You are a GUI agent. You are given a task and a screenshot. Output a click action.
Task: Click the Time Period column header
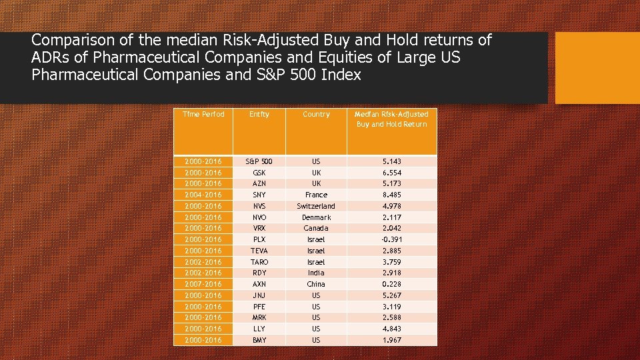[x=203, y=115]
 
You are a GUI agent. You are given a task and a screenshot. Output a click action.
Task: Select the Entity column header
[x=259, y=115]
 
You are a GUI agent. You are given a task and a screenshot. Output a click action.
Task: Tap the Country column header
[x=316, y=115]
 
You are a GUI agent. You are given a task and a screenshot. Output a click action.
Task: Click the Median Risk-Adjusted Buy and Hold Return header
[x=391, y=119]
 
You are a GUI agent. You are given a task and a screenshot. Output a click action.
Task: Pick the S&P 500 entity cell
[x=259, y=161]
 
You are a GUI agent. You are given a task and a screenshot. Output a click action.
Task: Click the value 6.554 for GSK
[x=391, y=173]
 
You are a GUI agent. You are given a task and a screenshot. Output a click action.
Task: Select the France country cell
[x=316, y=195]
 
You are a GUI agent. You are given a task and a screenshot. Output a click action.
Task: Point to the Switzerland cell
[x=316, y=206]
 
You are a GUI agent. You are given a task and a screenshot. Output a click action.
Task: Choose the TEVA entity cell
[x=259, y=251]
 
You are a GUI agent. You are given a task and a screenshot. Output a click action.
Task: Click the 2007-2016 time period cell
[x=203, y=284]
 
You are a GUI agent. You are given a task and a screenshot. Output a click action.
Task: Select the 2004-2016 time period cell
[x=203, y=195]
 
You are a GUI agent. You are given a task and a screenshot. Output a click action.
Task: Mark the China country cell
[x=316, y=284]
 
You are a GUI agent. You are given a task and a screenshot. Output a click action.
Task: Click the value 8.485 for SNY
[x=391, y=195]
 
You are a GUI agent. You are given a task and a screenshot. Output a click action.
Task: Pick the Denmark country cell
[x=316, y=217]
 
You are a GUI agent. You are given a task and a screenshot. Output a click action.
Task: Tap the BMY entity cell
[x=259, y=340]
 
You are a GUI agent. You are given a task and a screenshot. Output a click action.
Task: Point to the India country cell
[x=316, y=273]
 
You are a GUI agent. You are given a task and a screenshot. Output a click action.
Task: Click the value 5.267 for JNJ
[x=391, y=295]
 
